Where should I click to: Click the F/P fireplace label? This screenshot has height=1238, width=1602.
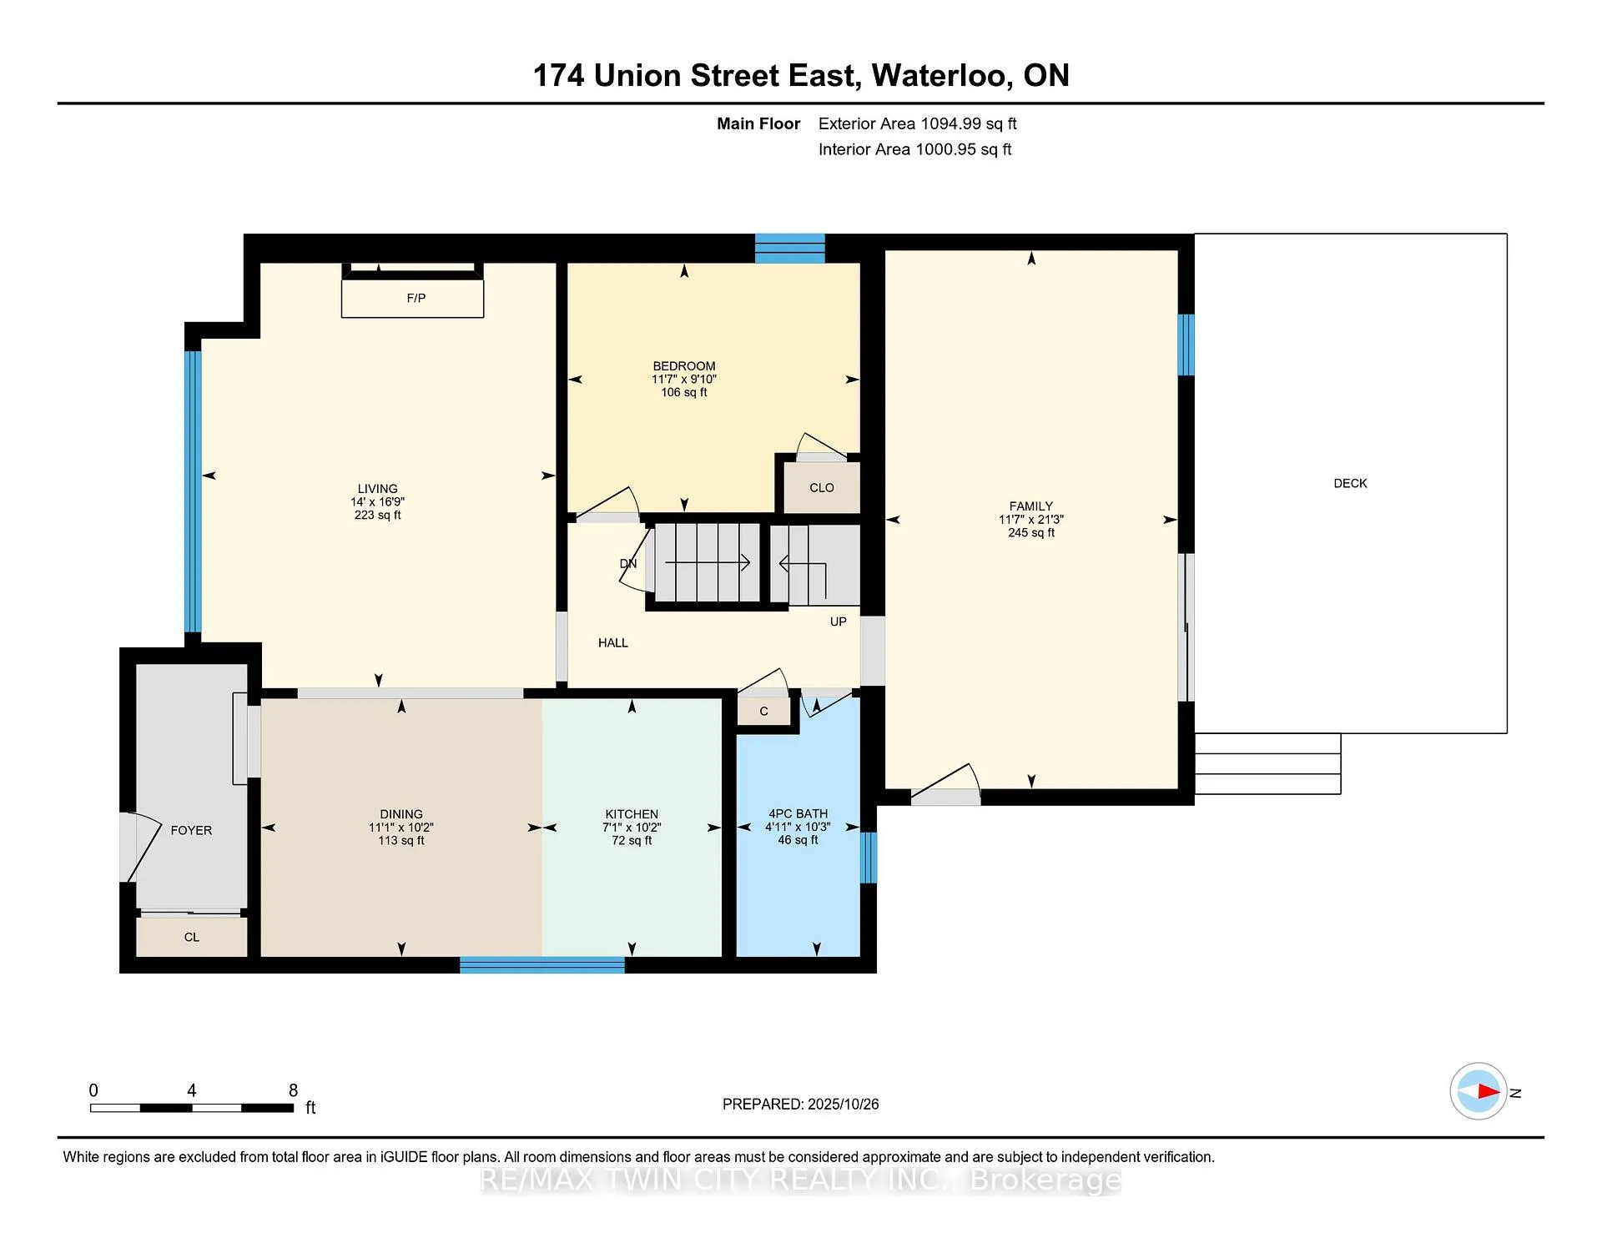click(x=416, y=298)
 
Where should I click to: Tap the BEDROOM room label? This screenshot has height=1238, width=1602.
click(x=684, y=366)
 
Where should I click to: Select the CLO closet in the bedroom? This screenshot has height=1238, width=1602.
click(x=822, y=487)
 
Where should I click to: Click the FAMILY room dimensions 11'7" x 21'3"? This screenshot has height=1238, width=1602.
click(x=1031, y=519)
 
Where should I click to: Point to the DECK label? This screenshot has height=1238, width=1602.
click(x=1350, y=483)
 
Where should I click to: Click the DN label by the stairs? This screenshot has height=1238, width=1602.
click(x=628, y=564)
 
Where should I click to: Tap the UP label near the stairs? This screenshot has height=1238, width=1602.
click(x=839, y=622)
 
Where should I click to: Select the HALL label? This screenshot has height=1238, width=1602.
click(x=612, y=642)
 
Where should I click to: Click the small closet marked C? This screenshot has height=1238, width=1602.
click(x=763, y=711)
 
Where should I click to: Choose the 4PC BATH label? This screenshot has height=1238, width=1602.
click(x=798, y=813)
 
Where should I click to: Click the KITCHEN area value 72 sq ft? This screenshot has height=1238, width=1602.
click(x=632, y=840)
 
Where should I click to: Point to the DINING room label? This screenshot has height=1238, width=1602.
click(x=401, y=814)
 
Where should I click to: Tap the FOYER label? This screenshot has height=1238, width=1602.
click(x=191, y=830)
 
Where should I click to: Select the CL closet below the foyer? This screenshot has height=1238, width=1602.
click(x=192, y=937)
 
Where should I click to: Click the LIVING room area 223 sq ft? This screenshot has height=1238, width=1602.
click(x=377, y=515)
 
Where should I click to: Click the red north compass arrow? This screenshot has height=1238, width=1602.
click(x=1489, y=1091)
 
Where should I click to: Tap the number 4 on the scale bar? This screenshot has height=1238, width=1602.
click(x=192, y=1090)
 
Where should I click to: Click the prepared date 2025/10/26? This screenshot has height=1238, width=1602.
click(x=844, y=1104)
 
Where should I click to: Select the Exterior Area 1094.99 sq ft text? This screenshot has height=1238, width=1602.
click(x=918, y=123)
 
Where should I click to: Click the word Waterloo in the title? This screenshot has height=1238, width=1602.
click(x=943, y=75)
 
